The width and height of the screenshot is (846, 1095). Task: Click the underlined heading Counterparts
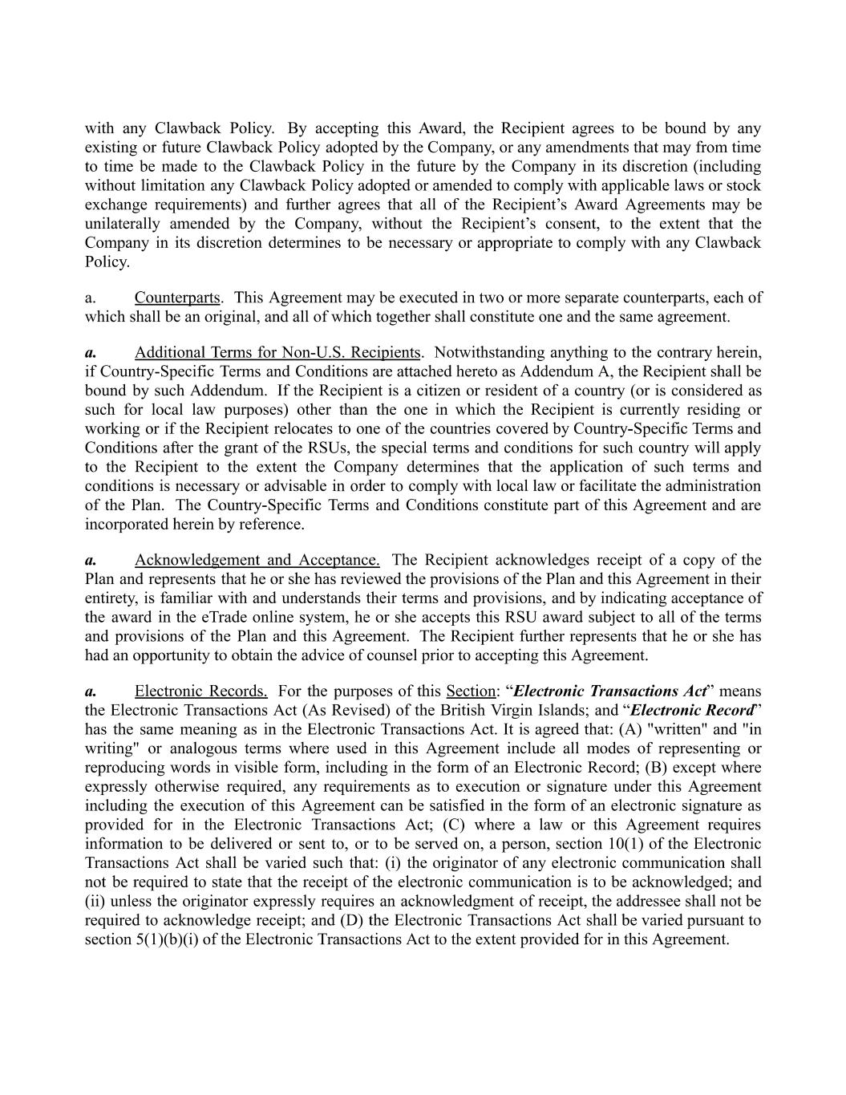click(177, 298)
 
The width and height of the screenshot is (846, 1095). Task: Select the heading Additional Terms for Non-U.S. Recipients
click(277, 352)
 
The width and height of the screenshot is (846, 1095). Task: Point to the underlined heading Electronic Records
click(200, 691)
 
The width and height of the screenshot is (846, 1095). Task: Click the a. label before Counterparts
click(91, 298)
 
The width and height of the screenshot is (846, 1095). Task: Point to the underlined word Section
click(470, 691)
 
